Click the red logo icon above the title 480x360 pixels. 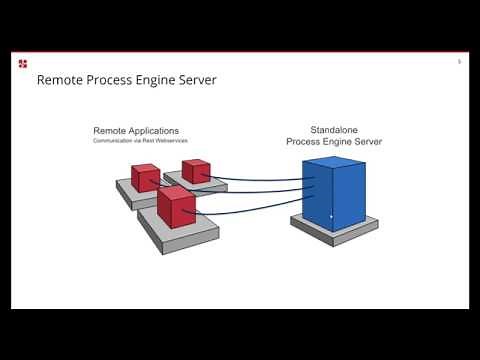[x=23, y=64]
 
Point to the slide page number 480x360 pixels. [x=459, y=61]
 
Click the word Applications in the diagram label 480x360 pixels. [x=155, y=130]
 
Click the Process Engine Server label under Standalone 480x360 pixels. [x=332, y=142]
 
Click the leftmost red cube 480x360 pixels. [x=145, y=178]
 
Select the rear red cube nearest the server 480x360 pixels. [x=195, y=171]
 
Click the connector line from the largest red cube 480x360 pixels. [x=250, y=210]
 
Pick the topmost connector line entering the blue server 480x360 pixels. [x=260, y=181]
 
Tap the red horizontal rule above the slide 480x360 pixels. [x=240, y=51]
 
